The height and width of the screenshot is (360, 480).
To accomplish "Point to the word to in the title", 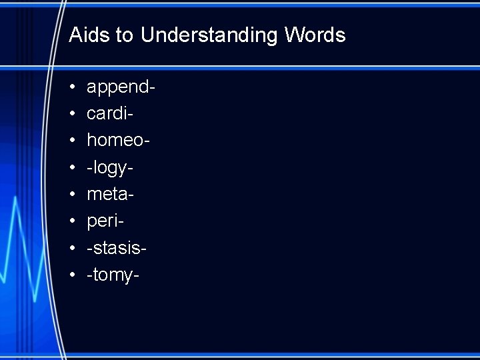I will click(x=125, y=35).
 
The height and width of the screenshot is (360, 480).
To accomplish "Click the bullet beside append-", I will click(x=72, y=88).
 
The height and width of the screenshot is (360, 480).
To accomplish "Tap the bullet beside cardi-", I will click(x=72, y=115).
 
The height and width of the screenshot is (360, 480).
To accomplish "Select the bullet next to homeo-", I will click(x=72, y=141).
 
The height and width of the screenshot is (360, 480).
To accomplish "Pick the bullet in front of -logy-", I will click(x=72, y=168).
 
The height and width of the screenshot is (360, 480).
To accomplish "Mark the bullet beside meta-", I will click(x=72, y=195).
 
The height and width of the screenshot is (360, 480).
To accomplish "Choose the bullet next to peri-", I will click(x=72, y=221).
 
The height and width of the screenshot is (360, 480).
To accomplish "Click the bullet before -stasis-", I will click(x=72, y=248).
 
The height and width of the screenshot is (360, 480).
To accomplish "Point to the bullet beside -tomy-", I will click(x=72, y=275).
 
